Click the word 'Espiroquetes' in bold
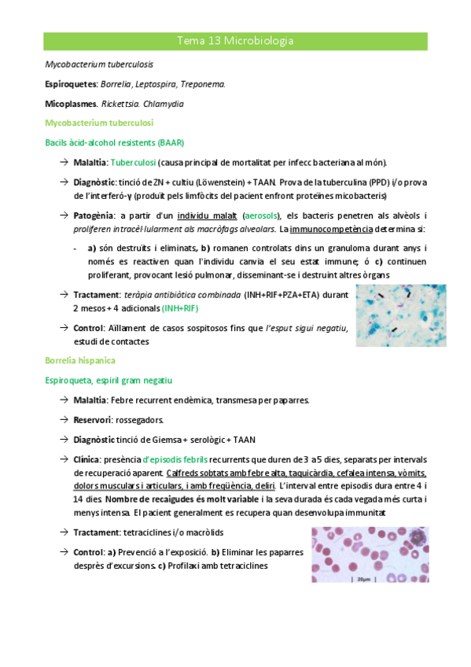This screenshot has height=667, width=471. point(71,84)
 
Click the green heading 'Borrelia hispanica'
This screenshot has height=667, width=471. point(81,360)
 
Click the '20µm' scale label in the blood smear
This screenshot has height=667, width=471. point(362,583)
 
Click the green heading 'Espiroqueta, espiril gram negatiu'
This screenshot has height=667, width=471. point(109,380)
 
